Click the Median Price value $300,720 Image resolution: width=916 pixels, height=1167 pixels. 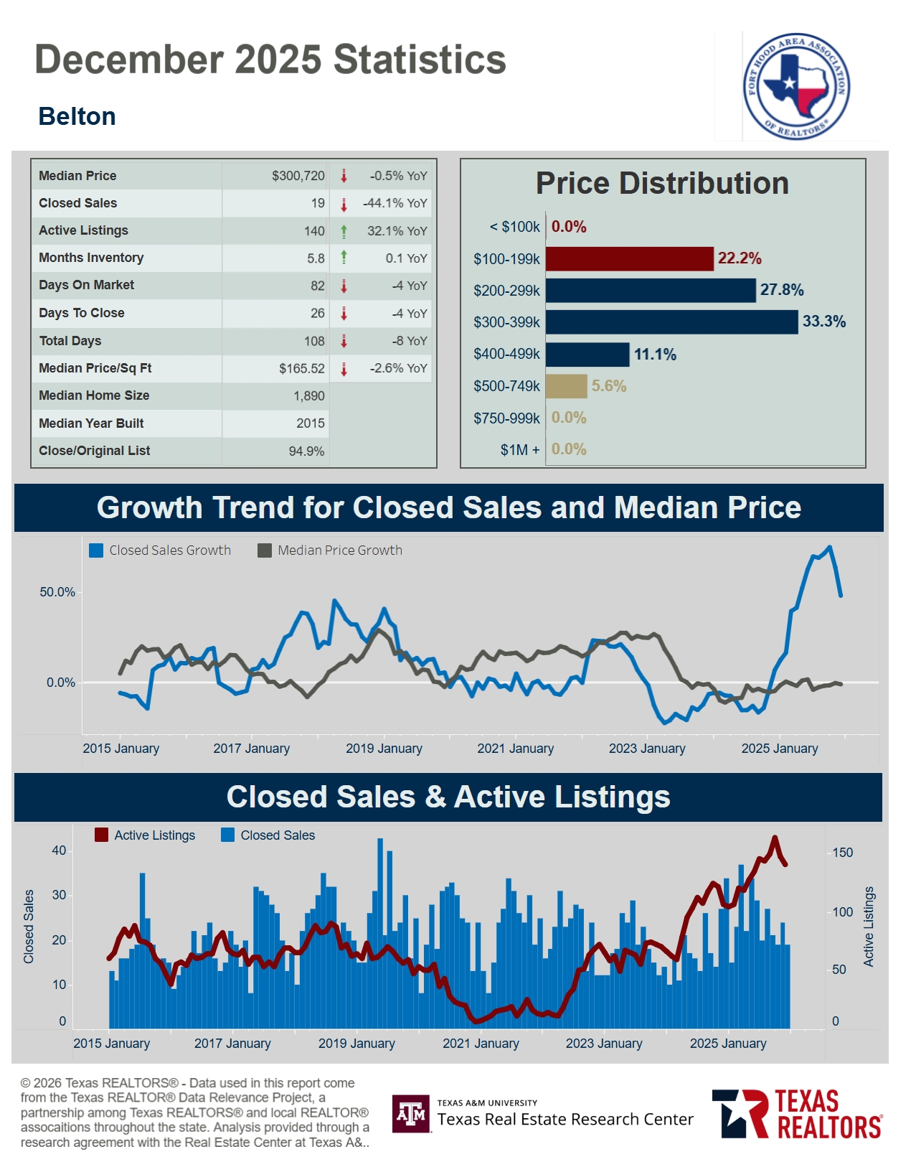pos(298,176)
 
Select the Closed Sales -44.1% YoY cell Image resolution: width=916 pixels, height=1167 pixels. pos(395,203)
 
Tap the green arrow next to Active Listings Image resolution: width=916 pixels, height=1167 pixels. pos(344,231)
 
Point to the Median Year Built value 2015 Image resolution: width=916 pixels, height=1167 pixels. pos(310,423)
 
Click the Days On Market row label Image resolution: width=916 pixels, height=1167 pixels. pos(86,285)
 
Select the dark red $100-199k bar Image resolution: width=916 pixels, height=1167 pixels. pos(629,258)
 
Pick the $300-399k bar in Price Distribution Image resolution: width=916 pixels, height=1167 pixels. pos(671,322)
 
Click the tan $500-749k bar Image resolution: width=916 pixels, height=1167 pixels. pos(566,386)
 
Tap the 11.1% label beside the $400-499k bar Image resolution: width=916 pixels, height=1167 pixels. pos(654,354)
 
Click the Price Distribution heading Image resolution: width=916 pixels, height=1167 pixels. pos(661,184)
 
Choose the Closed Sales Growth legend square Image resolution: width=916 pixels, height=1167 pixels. pos(96,550)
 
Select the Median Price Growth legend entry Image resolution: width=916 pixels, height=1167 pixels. pos(330,550)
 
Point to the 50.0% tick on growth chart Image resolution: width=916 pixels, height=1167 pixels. pos(57,592)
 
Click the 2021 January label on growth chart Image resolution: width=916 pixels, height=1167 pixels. pos(515,749)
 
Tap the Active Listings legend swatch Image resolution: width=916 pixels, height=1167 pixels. pos(102,835)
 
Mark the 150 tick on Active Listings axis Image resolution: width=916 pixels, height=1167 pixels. pos(842,853)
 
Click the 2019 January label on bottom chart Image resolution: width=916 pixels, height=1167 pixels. pos(357,1044)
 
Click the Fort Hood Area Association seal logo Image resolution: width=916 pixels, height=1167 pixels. pos(795,86)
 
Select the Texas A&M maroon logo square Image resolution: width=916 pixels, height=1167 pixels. pos(411,1113)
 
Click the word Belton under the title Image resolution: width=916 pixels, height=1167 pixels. pos(77,116)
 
